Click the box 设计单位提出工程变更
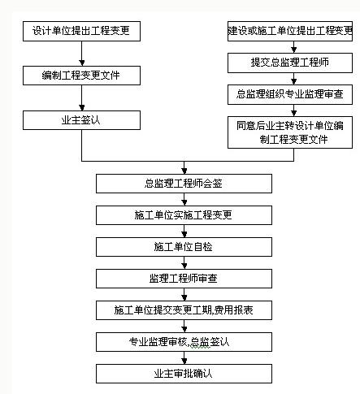coord(81,31)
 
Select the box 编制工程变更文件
coord(81,76)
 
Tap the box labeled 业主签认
coord(81,120)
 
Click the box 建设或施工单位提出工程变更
coord(290,31)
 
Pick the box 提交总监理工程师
coord(290,63)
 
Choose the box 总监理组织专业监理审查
coord(290,94)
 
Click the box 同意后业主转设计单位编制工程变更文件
coord(290,132)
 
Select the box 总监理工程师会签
coord(184,184)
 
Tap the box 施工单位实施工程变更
coord(184,215)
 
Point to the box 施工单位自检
coord(184,247)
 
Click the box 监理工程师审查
coord(184,279)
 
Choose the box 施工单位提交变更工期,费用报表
coord(184,310)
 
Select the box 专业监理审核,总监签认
coord(184,342)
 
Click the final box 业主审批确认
coord(184,374)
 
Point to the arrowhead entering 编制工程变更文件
coord(82,63)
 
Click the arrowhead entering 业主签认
coord(82,108)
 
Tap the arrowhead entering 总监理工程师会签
coord(184,171)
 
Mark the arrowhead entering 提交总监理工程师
coord(294,50)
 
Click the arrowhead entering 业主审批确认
coord(184,362)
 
